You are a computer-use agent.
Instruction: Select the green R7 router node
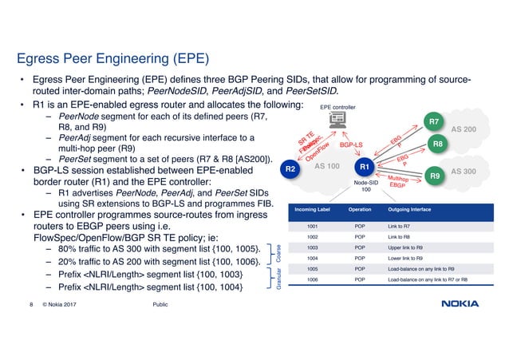433,122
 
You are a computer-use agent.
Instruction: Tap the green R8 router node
438,144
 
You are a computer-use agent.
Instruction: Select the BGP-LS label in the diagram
352,146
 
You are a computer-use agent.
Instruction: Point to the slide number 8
30,304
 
